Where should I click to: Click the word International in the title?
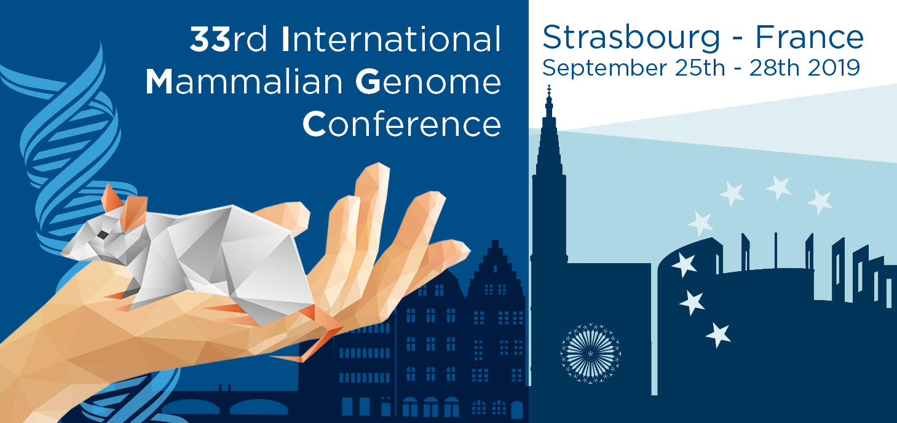coord(391,39)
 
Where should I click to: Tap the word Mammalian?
coord(244,82)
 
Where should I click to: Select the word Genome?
coord(428,82)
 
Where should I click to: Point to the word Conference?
coord(401,124)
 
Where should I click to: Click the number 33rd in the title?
coord(228,39)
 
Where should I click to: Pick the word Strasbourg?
coord(631,39)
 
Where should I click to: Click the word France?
coord(809,38)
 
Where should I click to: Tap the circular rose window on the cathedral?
coord(590,354)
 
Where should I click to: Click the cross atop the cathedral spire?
coord(549,90)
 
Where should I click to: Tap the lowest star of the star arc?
coord(719,335)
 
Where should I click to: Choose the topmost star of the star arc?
coord(778,187)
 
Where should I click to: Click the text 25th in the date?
coord(700,68)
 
